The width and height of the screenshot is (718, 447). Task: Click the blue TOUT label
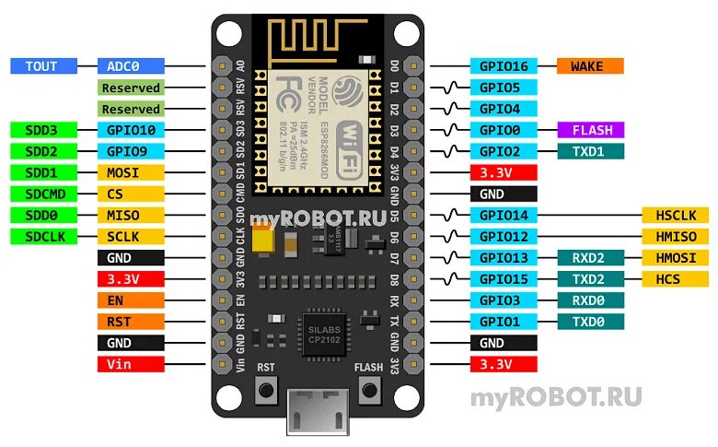[x=42, y=66]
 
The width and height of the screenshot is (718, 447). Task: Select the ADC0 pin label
[x=130, y=66]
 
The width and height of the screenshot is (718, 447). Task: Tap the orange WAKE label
[x=590, y=66]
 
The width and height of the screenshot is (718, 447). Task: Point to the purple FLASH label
[x=590, y=130]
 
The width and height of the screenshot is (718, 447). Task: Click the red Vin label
[x=130, y=364]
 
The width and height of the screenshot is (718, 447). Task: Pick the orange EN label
[x=130, y=300]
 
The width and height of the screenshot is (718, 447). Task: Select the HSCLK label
[x=676, y=215]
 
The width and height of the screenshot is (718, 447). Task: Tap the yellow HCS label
[x=676, y=278]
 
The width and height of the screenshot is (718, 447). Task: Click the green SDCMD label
[x=42, y=194]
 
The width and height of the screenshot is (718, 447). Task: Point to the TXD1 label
[x=590, y=151]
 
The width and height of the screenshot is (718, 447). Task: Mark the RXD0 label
[x=590, y=300]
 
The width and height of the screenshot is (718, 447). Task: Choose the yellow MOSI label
[x=130, y=172]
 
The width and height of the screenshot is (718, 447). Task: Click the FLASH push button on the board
[x=369, y=391]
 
